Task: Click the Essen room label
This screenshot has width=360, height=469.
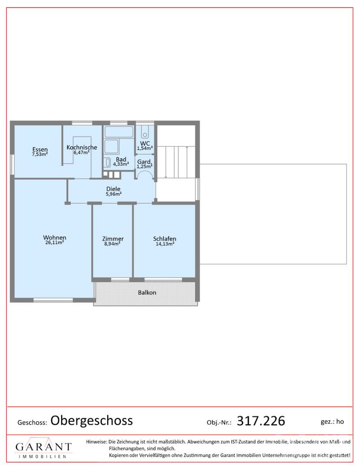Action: (x=40, y=149)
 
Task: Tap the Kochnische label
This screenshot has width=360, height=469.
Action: (x=82, y=147)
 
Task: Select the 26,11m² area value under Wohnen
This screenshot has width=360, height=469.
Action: (x=54, y=243)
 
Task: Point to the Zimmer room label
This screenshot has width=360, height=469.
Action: (x=113, y=239)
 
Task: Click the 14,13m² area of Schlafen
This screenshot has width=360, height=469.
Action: (x=165, y=244)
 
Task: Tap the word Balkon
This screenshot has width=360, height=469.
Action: (x=147, y=293)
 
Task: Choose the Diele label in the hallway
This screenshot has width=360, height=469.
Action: (x=113, y=189)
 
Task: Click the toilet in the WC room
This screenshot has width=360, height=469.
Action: (x=145, y=131)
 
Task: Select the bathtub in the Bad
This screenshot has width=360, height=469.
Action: (x=119, y=132)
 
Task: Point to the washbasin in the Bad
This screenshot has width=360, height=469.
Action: (x=108, y=162)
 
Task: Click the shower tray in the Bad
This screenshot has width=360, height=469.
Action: (x=112, y=147)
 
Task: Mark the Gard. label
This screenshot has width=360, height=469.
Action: (x=145, y=162)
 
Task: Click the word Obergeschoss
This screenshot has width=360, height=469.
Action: (x=92, y=420)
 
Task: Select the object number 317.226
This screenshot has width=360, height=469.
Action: (x=261, y=421)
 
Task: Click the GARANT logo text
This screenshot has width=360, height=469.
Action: (x=43, y=447)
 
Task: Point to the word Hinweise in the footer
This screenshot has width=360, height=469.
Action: (x=96, y=442)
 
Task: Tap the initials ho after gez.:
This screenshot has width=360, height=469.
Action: (x=340, y=421)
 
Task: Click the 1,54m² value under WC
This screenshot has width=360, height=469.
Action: (x=145, y=148)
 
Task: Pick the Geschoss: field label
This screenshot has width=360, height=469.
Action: (x=32, y=423)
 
